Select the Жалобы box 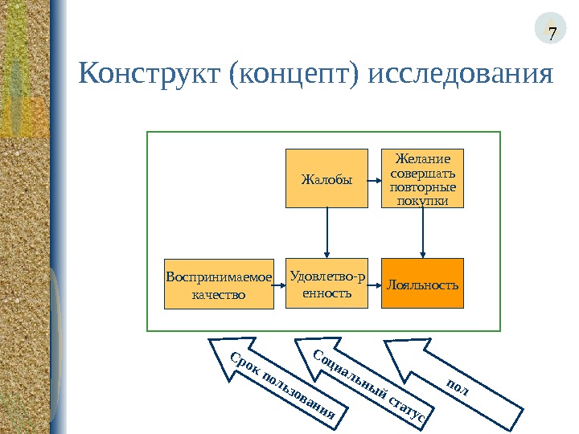coord(326,178)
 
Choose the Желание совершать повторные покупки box coord(422,178)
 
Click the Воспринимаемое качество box coord(219,284)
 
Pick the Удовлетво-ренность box coord(326,284)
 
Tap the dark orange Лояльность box coord(422,284)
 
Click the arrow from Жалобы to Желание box coord(374,178)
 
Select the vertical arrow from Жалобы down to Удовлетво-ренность coord(327,232)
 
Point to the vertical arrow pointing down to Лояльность coord(423,232)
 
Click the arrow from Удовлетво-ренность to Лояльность coord(374,284)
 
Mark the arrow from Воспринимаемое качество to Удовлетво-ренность coord(279,284)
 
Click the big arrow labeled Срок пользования coord(277,382)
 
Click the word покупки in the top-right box coord(422,200)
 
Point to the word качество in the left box coord(219,294)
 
